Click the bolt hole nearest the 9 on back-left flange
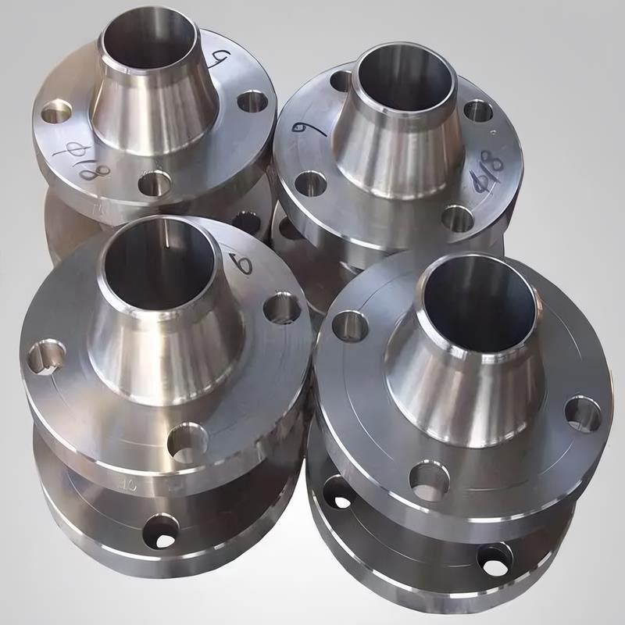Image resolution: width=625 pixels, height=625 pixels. pos(252,101)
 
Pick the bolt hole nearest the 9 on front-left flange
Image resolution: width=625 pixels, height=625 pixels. pos(281,308)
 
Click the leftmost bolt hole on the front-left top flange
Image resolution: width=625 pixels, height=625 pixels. pos(46,356)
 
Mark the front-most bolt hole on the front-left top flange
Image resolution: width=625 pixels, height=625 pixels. pos(187,442)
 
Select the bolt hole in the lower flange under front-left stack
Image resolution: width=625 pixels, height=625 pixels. pos(161,532)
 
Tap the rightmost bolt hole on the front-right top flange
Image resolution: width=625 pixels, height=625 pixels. pos(583,413)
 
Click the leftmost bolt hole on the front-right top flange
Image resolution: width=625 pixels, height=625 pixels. pos(349,326)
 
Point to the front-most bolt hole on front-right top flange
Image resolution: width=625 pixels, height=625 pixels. pos(429,478)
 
